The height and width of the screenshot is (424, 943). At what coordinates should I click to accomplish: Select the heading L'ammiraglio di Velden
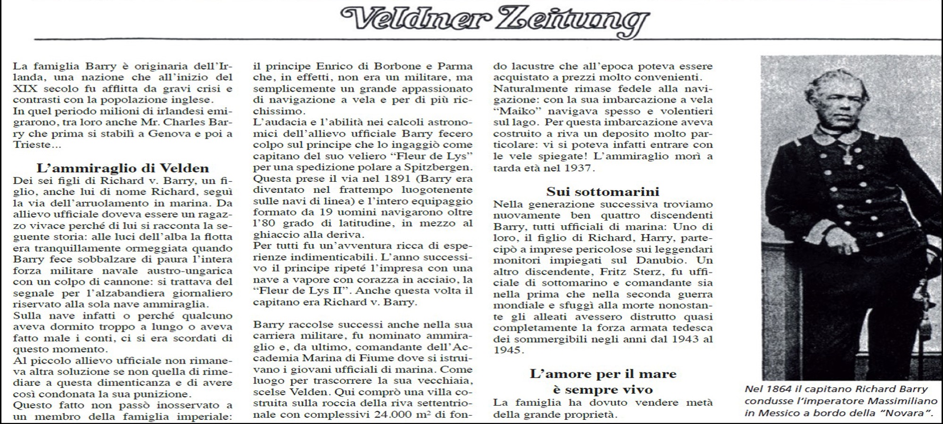(x=123, y=168)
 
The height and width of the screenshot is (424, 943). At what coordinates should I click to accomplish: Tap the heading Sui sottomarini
(x=603, y=192)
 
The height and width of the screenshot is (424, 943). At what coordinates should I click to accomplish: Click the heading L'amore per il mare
(x=603, y=374)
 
